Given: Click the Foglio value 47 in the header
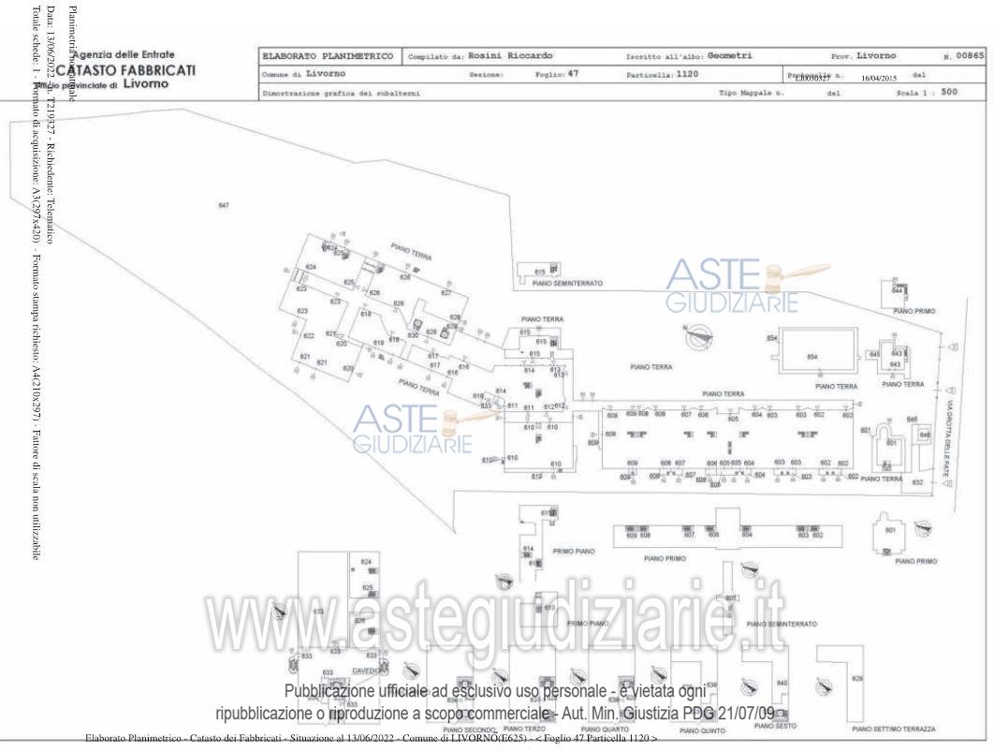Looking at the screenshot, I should tap(573, 73).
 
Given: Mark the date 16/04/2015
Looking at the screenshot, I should tap(879, 80).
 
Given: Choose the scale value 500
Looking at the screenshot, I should tap(949, 92).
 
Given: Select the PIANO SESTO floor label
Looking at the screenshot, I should tap(775, 726).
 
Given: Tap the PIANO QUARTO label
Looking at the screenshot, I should tap(602, 729).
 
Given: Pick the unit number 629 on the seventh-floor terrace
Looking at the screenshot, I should tap(856, 678).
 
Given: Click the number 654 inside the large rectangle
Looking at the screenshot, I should tap(812, 357).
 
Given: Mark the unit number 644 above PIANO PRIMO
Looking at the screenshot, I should tap(897, 291).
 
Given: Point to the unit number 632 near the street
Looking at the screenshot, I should tap(917, 482).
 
